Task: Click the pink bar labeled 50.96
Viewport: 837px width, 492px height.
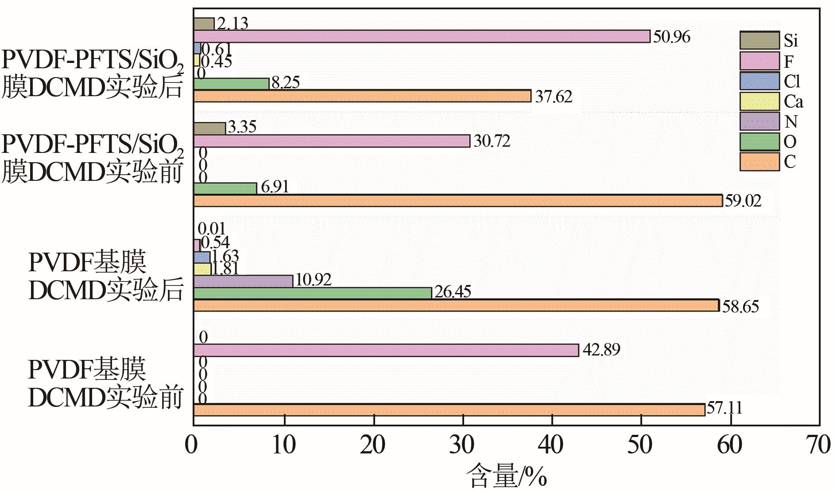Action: pyautogui.click(x=422, y=36)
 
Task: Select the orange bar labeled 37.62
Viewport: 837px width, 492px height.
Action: pyautogui.click(x=362, y=96)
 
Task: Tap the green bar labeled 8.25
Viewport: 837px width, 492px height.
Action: pyautogui.click(x=231, y=84)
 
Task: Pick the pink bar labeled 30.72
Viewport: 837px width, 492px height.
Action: pyautogui.click(x=332, y=141)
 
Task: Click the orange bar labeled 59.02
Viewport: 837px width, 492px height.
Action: pyautogui.click(x=458, y=201)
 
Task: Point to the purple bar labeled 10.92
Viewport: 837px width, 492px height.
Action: pyautogui.click(x=243, y=281)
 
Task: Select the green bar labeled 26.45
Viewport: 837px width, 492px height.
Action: pyautogui.click(x=313, y=293)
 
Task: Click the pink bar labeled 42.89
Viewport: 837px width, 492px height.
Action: pyautogui.click(x=386, y=350)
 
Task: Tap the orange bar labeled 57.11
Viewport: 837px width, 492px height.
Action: pyautogui.click(x=449, y=410)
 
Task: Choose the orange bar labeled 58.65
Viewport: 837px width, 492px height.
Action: pyautogui.click(x=456, y=305)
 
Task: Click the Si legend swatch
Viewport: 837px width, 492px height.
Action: pyautogui.click(x=759, y=40)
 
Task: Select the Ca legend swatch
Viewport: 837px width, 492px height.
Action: pyautogui.click(x=759, y=101)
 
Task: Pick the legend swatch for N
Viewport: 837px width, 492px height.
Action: pyautogui.click(x=759, y=121)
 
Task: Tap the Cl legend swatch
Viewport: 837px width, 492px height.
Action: pyautogui.click(x=759, y=81)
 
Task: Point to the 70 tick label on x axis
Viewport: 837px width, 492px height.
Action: pyautogui.click(x=818, y=445)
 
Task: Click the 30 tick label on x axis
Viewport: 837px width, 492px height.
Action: pyautogui.click(x=462, y=445)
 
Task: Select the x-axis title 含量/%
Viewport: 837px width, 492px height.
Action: pyautogui.click(x=507, y=476)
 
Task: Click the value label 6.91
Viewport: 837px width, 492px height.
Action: pyautogui.click(x=275, y=187)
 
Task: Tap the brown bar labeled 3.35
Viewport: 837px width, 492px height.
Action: pyautogui.click(x=209, y=128)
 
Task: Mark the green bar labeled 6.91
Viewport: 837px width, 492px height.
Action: pyautogui.click(x=225, y=188)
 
